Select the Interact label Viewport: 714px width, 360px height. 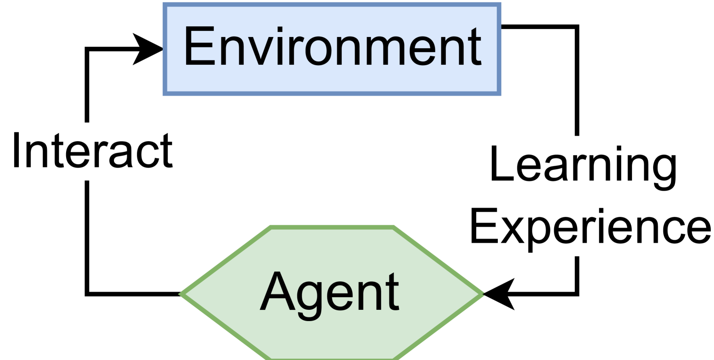pos(92,151)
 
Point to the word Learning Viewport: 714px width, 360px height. pos(583,164)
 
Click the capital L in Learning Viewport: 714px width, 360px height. pos(498,163)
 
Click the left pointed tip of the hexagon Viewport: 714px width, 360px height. pos(181,294)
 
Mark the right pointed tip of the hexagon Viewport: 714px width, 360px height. pos(483,294)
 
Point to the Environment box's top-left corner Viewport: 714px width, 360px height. pos(164,4)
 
